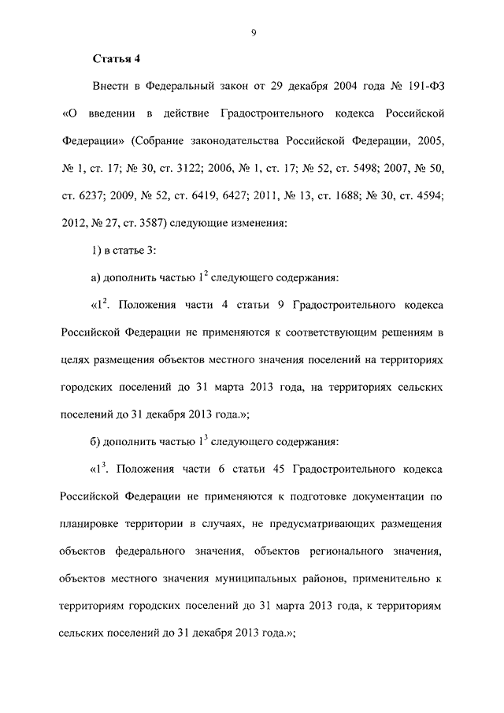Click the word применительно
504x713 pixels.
tap(383, 578)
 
